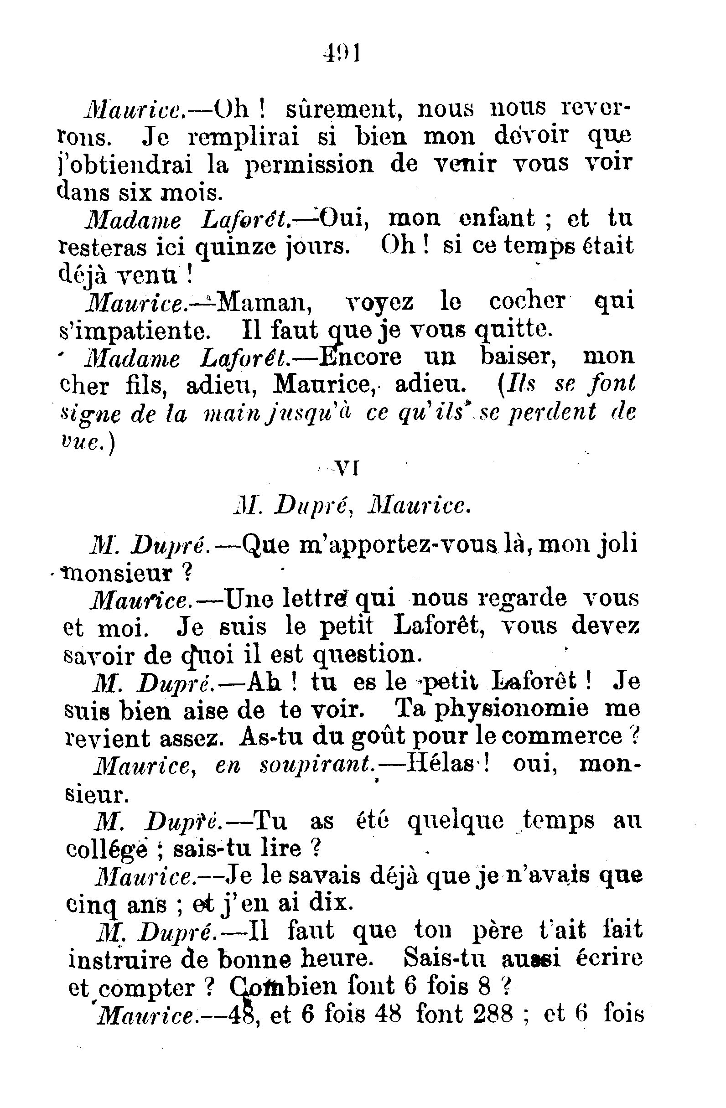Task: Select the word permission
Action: pyautogui.click(x=310, y=165)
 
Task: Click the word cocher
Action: pyautogui.click(x=527, y=301)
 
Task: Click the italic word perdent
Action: pyautogui.click(x=552, y=412)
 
